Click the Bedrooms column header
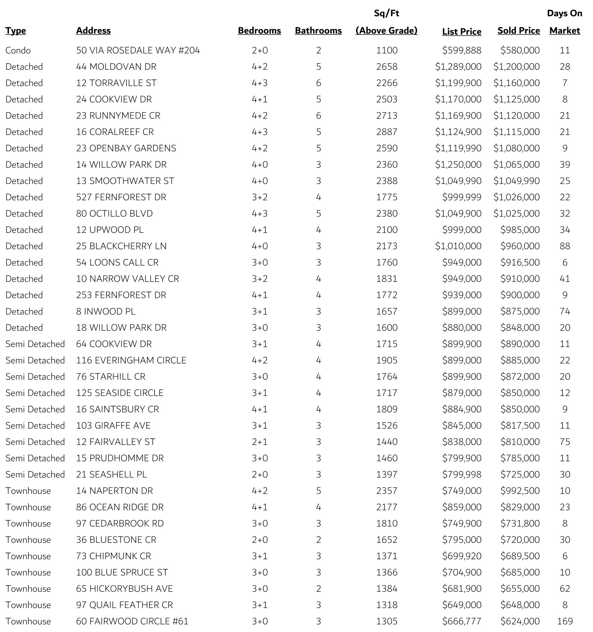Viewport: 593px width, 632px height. click(259, 31)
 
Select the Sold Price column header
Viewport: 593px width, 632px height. click(518, 31)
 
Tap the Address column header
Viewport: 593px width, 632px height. click(93, 31)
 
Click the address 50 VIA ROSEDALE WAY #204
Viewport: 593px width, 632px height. click(138, 50)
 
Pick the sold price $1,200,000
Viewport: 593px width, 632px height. click(516, 67)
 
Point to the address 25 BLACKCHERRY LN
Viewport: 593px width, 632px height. click(121, 246)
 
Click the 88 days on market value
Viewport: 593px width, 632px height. click(565, 246)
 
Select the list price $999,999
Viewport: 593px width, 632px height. click(461, 197)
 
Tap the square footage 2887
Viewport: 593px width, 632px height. click(387, 132)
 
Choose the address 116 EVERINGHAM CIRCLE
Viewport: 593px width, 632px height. click(131, 360)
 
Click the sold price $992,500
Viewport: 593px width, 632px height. click(520, 491)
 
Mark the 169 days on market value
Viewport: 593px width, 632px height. click(565, 621)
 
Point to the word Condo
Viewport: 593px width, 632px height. click(18, 50)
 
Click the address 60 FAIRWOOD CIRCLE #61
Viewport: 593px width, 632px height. click(132, 621)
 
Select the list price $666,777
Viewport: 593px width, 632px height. click(461, 621)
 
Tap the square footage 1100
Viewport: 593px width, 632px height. click(387, 50)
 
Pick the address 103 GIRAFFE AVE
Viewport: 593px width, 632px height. click(113, 426)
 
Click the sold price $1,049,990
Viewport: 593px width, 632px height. click(516, 181)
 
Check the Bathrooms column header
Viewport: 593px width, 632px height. click(318, 31)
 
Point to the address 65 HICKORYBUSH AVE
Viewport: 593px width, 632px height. click(124, 589)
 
